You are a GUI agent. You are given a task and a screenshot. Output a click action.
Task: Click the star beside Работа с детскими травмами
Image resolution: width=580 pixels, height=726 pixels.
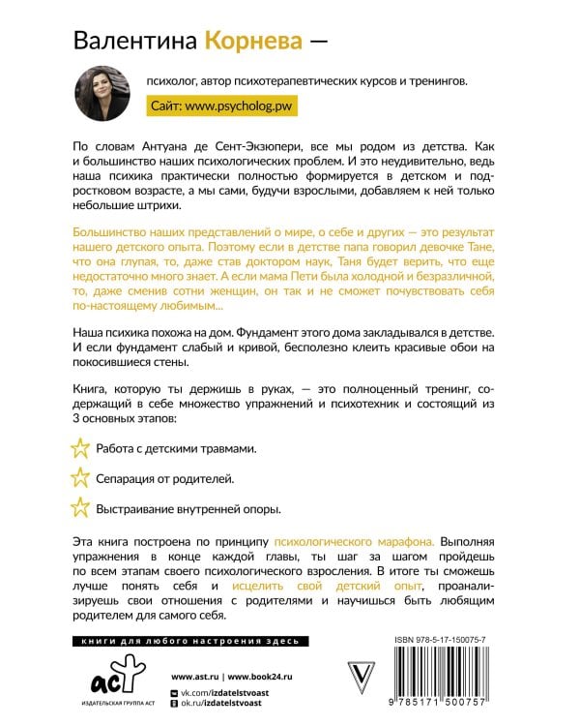(x=81, y=448)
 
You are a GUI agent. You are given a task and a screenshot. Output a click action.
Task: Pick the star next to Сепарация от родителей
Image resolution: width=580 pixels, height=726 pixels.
(x=81, y=477)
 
